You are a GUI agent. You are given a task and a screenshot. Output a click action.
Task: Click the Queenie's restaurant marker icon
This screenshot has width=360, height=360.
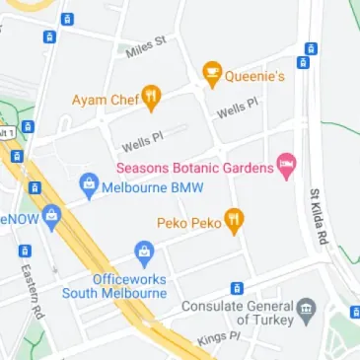pos(211,73)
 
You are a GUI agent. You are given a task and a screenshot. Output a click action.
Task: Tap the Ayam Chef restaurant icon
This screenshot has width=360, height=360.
pos(151,98)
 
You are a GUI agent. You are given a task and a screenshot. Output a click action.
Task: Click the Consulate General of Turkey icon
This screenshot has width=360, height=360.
pos(306,310)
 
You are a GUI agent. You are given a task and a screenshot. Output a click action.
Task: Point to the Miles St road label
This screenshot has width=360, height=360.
pos(146,45)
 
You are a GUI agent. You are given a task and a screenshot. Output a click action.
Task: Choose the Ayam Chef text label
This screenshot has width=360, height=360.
pos(104,100)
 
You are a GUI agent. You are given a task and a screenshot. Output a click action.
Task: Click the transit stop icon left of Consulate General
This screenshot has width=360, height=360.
pos(237,288)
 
